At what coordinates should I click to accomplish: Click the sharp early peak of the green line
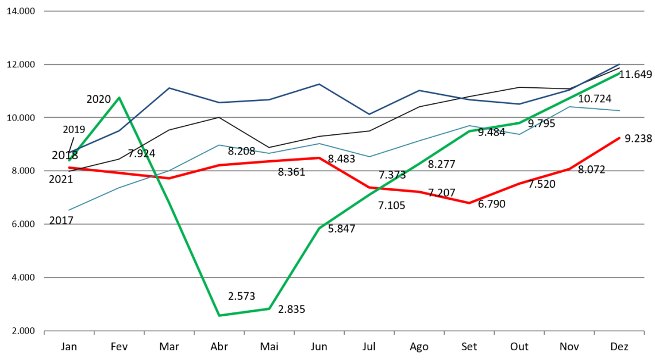[x=119, y=98]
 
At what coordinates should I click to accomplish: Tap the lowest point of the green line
[x=219, y=315]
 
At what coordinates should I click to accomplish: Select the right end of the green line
[x=620, y=73]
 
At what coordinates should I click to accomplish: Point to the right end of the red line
[x=620, y=138]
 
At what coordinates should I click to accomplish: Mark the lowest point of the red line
[x=469, y=203]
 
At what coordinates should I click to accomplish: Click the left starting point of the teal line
[x=69, y=210]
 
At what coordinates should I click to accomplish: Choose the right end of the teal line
[x=620, y=110]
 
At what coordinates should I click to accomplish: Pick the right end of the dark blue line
[x=620, y=64]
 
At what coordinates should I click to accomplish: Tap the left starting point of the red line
[x=69, y=167]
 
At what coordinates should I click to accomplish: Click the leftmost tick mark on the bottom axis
[x=44, y=332]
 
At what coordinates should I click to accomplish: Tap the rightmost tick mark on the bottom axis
[x=644, y=332]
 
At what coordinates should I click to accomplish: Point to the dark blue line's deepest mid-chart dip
[x=369, y=114]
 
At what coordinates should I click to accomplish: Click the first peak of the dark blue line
[x=169, y=88]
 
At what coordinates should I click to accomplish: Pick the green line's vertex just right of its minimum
[x=269, y=309]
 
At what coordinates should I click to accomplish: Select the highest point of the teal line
[x=569, y=107]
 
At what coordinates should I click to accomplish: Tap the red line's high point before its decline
[x=319, y=157]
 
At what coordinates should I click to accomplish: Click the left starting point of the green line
[x=69, y=160]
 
